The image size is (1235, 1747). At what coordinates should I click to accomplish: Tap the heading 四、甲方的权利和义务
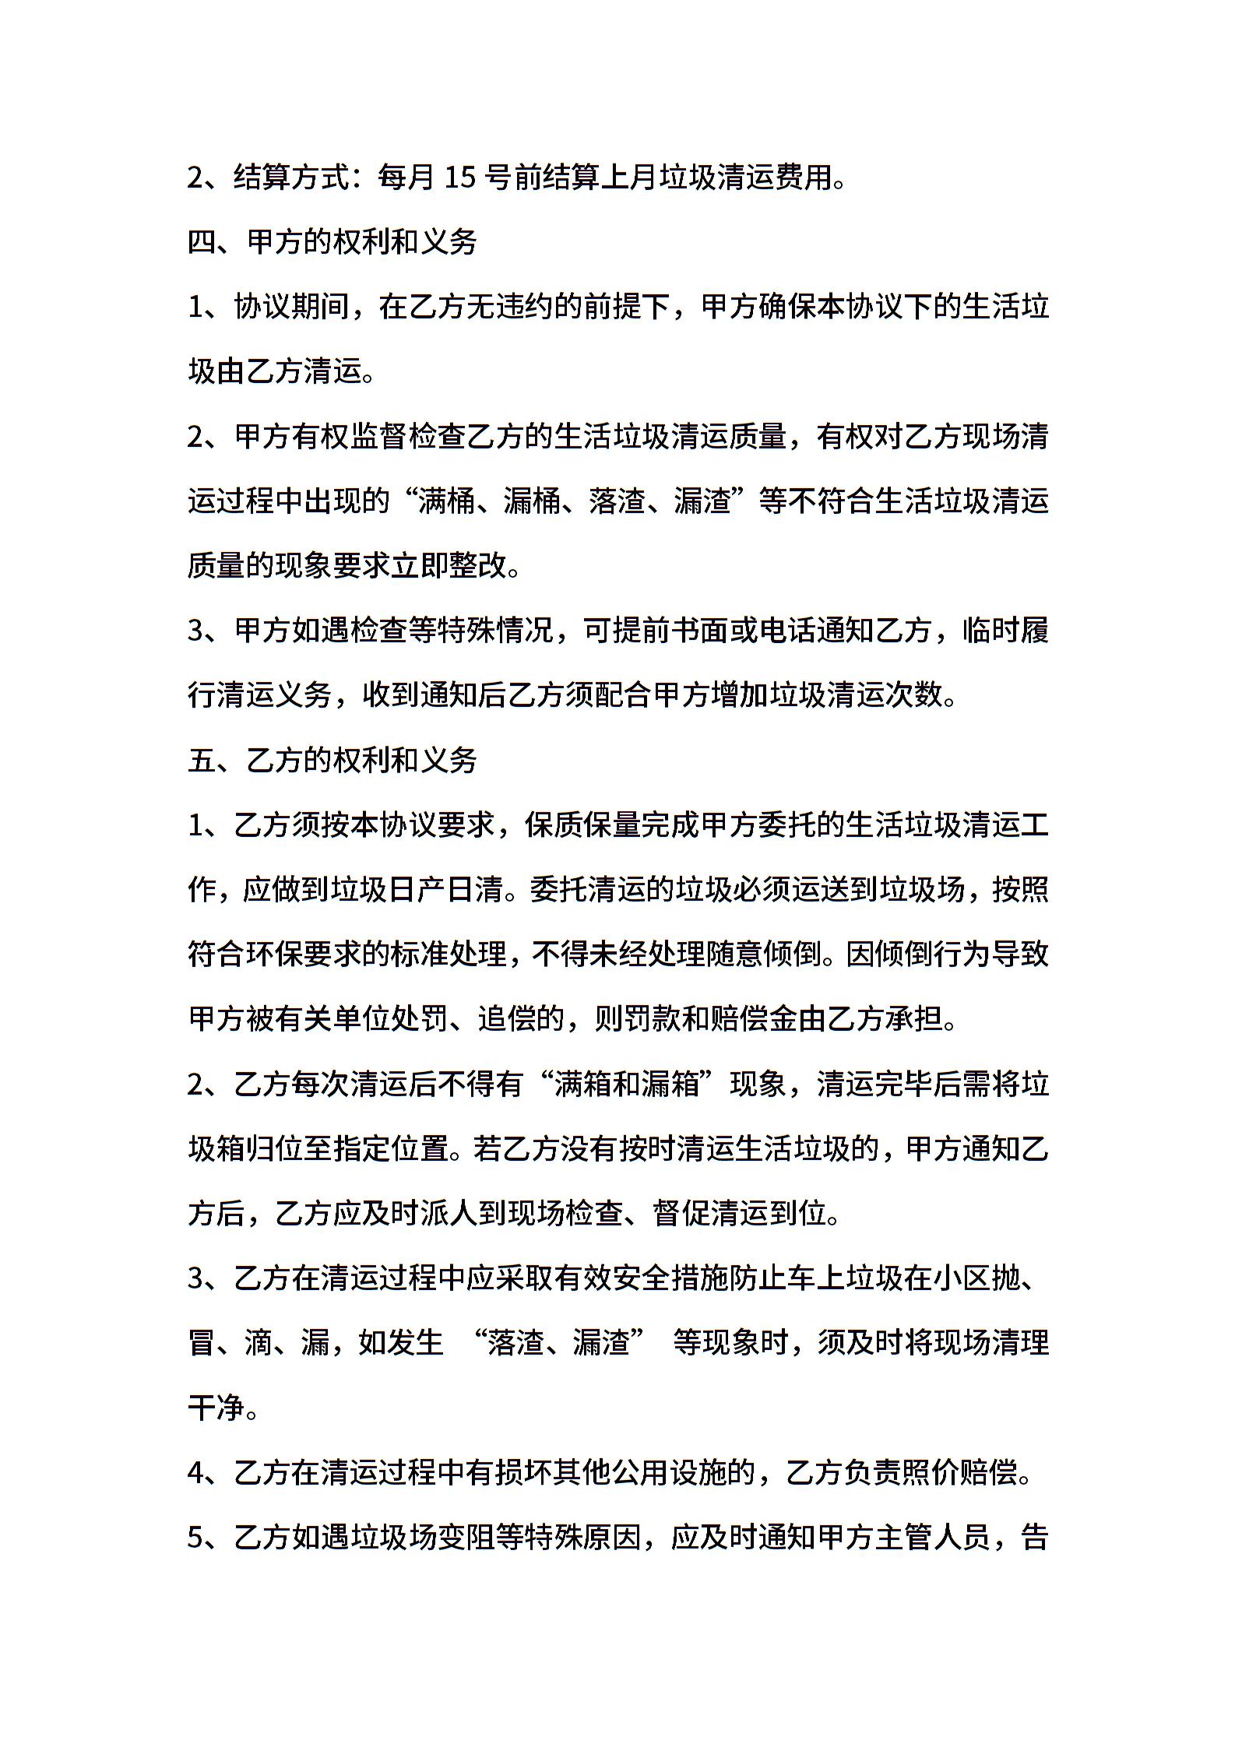(x=332, y=243)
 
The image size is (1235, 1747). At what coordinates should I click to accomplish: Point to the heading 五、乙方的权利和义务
(x=332, y=760)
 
